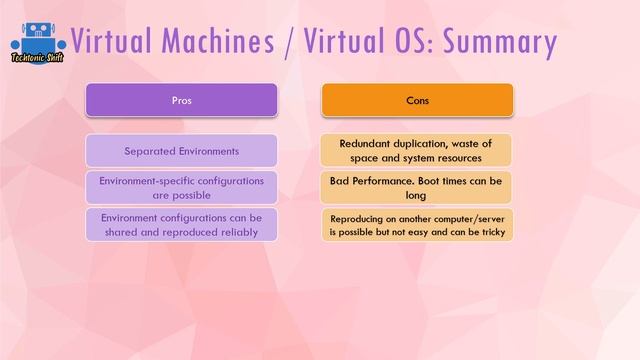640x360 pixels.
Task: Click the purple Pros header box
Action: coord(181,100)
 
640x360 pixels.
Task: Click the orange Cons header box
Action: coord(417,100)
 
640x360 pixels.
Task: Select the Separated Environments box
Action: coord(181,151)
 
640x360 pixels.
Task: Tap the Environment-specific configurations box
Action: coord(181,188)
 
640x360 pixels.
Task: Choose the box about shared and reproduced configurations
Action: coord(181,224)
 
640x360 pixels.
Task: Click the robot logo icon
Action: coord(37,38)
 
